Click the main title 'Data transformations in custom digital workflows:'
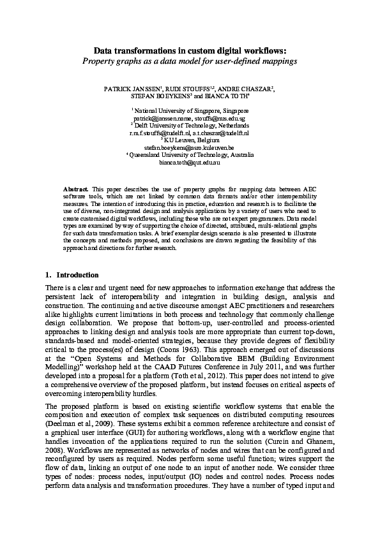(190, 50)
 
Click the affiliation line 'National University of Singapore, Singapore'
(190, 111)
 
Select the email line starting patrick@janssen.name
(190, 119)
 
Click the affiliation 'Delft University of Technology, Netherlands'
(190, 126)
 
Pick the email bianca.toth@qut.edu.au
(190, 163)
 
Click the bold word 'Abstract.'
(77, 190)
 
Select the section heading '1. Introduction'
(72, 275)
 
